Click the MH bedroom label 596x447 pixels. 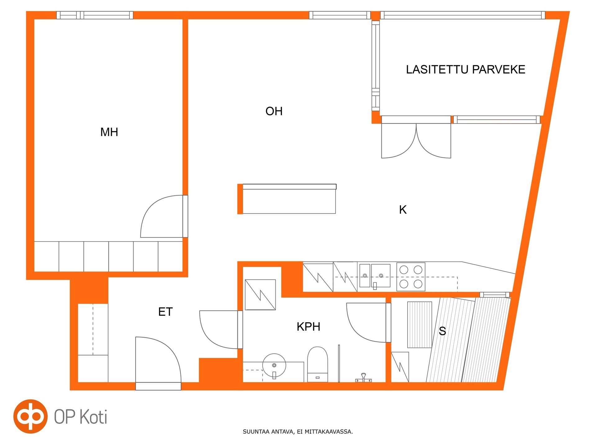(109, 132)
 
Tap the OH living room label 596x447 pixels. (274, 111)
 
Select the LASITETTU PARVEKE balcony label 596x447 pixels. (465, 69)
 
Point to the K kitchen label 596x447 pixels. (403, 210)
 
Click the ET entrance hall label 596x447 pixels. (165, 312)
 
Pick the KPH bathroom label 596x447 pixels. (308, 327)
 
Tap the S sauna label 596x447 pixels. (442, 331)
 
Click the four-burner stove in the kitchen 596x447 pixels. (411, 277)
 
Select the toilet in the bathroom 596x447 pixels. (318, 364)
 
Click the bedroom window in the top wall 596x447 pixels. (95, 15)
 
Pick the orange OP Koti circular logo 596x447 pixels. (30, 416)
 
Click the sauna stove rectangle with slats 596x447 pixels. (419, 325)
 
